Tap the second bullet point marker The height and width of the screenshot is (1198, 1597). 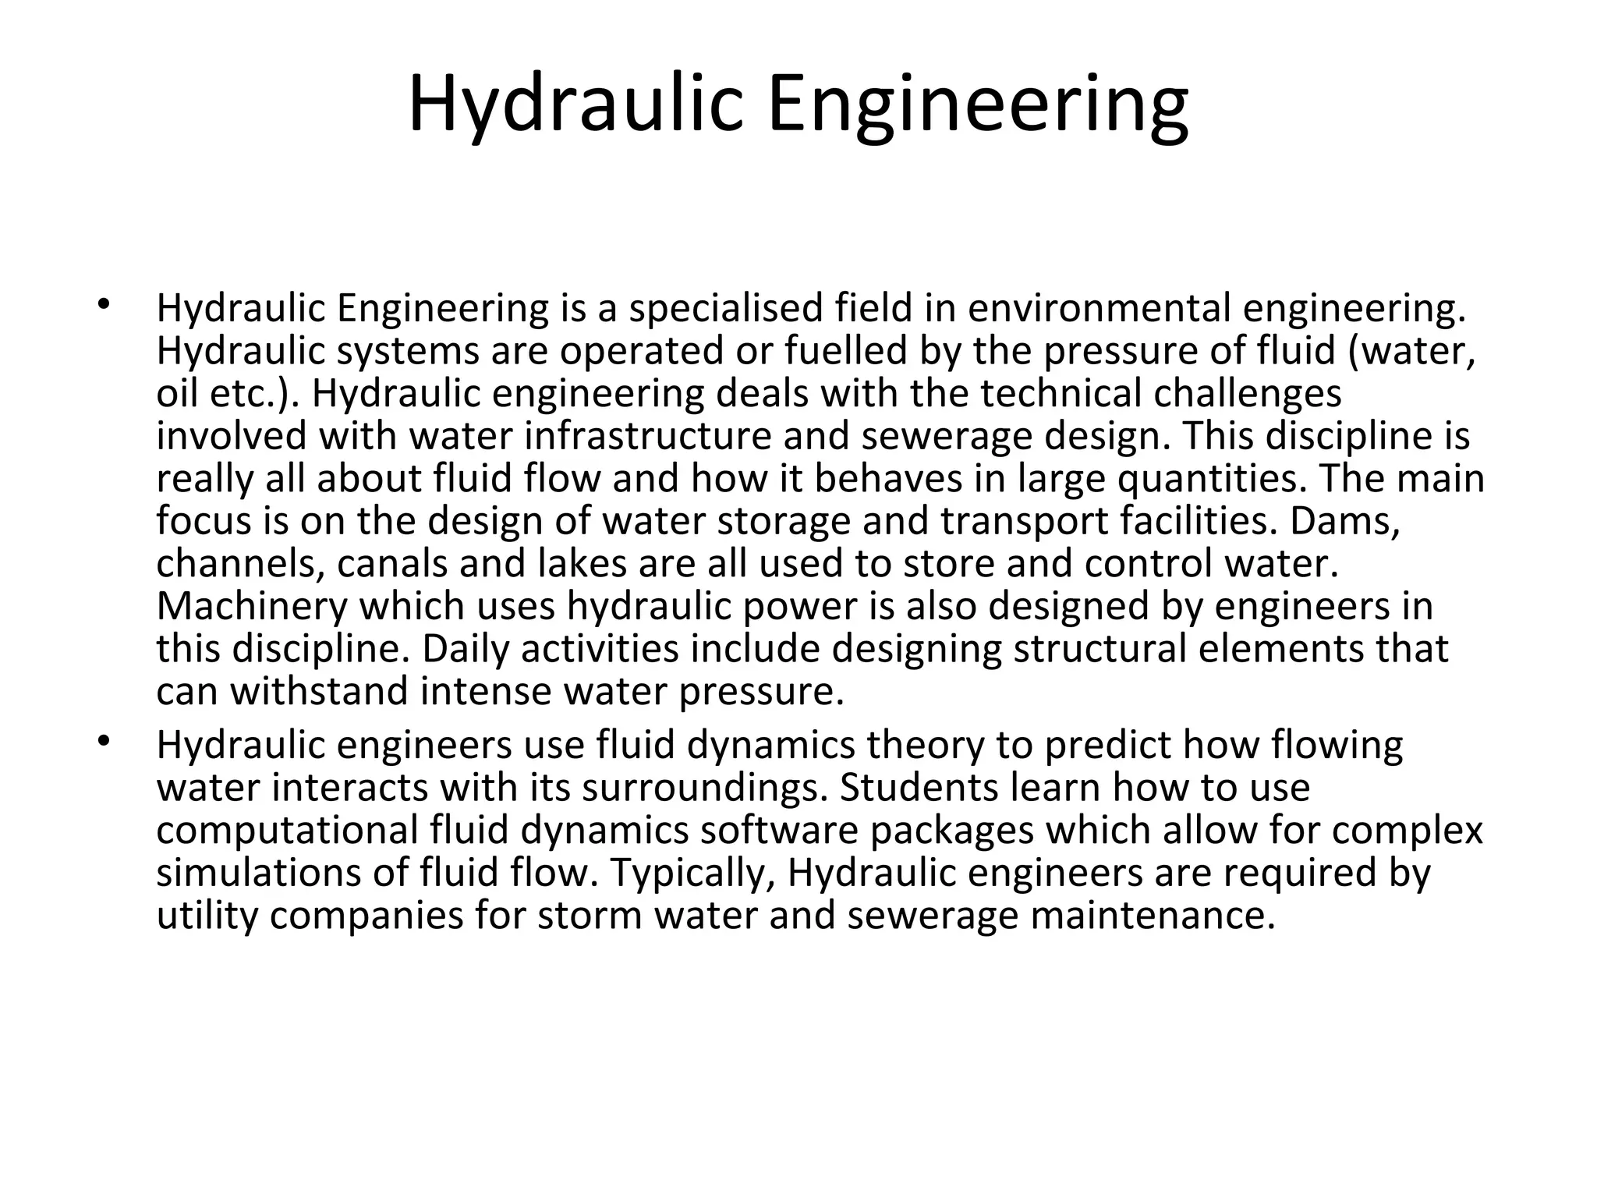tap(103, 740)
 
